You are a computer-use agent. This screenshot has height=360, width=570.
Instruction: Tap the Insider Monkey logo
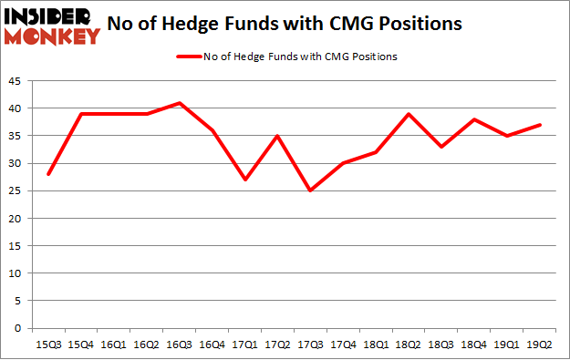(52, 26)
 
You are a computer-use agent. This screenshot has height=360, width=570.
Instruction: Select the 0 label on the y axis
(19, 328)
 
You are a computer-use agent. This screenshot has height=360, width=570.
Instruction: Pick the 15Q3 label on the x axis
(48, 345)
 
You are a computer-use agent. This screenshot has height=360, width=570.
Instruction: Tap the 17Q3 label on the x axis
(310, 345)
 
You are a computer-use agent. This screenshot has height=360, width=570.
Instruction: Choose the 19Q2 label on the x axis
(540, 345)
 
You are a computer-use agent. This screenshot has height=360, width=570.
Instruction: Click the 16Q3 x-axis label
(180, 345)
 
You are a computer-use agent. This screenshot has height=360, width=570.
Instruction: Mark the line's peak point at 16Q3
(180, 103)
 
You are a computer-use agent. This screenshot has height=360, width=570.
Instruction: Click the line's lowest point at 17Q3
(310, 190)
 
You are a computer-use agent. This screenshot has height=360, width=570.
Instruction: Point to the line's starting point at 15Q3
(48, 174)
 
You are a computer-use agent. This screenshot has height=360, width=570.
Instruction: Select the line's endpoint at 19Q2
(540, 125)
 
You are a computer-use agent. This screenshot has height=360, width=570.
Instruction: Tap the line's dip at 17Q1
(245, 180)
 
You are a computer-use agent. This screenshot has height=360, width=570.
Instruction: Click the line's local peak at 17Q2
(278, 136)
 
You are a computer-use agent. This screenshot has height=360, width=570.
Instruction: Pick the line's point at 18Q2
(409, 114)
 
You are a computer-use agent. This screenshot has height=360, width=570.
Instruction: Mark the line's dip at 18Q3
(441, 147)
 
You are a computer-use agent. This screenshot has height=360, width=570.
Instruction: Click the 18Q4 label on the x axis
(474, 345)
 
